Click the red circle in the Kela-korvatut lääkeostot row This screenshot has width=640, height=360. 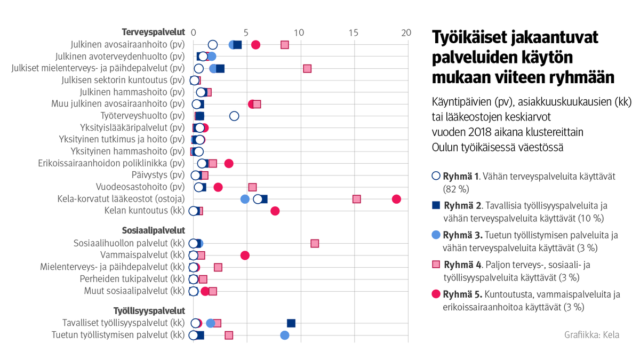pos(396,199)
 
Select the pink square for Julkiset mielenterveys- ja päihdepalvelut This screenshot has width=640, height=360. pos(307,68)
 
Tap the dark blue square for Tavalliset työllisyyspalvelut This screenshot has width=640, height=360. pos(291,323)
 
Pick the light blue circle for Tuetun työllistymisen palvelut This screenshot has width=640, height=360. pos(285,335)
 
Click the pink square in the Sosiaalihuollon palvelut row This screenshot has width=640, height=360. pos(315,243)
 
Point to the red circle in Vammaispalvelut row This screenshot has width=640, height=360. pos(245,255)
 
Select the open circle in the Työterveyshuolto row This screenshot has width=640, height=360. pos(234,116)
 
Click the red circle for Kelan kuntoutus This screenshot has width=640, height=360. pos(275,211)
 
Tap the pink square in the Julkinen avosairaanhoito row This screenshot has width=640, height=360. pos(285,45)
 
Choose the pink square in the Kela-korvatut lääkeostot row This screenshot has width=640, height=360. pos(357,199)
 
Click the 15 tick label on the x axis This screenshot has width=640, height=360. pos(353,33)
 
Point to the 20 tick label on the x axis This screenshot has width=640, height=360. pos(406,33)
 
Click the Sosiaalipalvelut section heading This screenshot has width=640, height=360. pos(154,231)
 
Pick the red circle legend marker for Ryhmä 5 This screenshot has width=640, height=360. pos(436,294)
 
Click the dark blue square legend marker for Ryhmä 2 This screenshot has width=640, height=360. pos(436,205)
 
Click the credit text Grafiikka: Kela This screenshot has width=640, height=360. pos(592,335)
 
